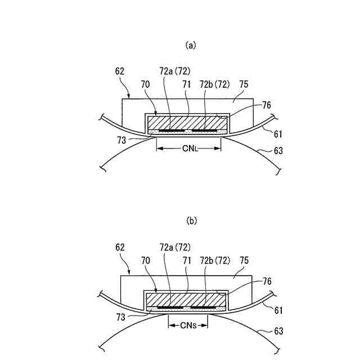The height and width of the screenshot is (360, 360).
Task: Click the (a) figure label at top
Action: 191,46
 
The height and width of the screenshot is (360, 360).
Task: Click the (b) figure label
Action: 191,221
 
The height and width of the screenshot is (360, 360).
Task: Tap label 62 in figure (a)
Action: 119,71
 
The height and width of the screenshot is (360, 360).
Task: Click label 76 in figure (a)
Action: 267,105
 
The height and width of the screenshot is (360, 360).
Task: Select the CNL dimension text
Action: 188,148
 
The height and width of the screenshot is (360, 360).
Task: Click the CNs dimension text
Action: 188,325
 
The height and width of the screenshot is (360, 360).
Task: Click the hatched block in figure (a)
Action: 187,122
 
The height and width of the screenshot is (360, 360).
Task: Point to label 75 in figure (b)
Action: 244,261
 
